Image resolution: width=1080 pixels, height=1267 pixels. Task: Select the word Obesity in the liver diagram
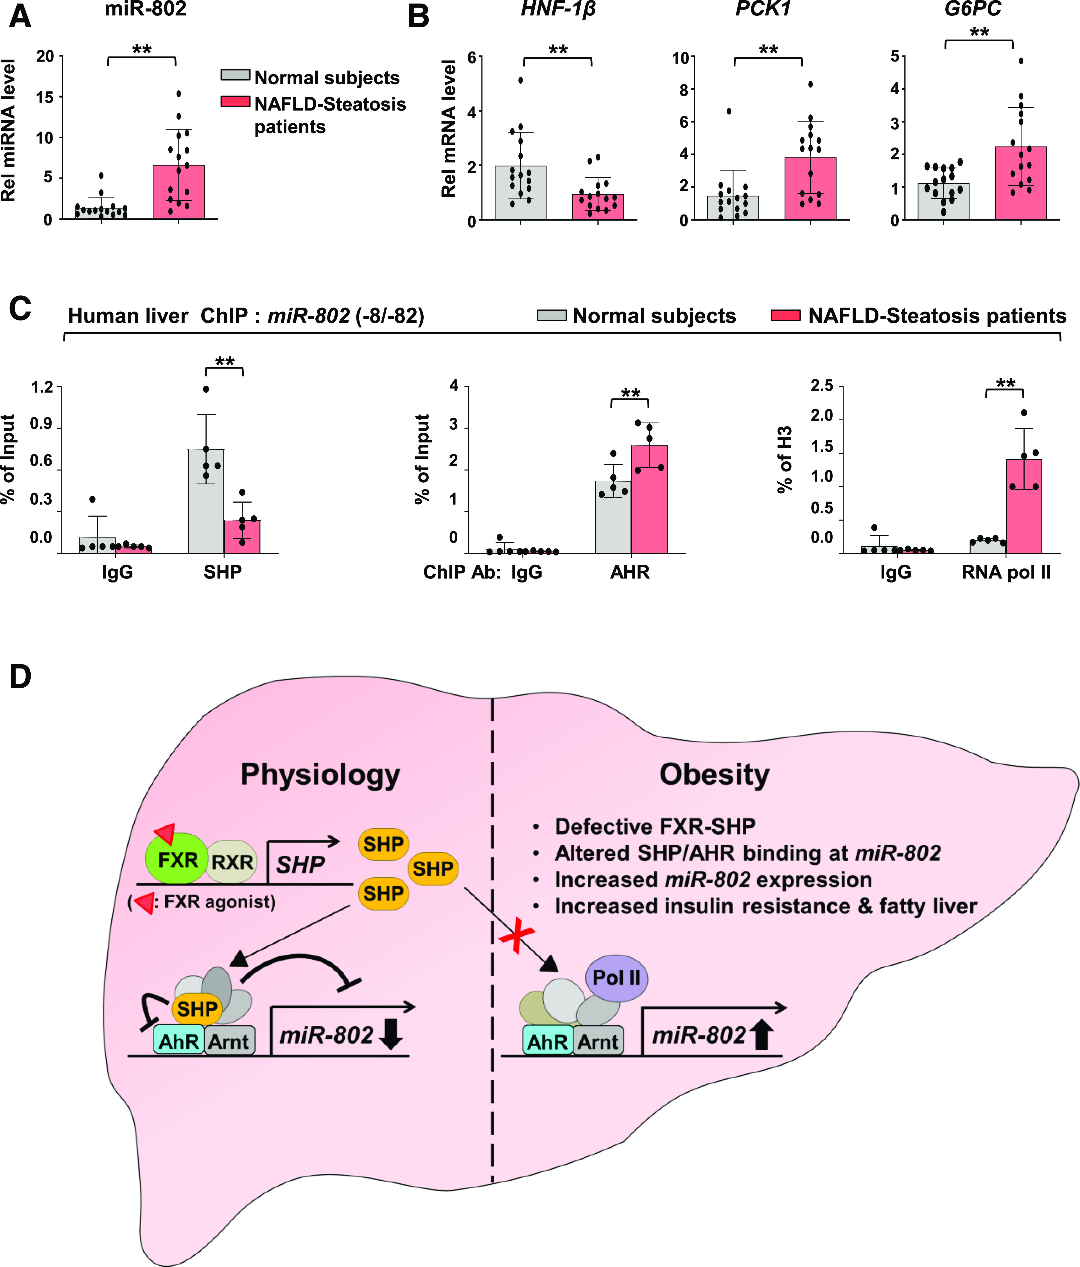click(714, 775)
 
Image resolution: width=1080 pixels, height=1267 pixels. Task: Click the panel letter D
click(20, 677)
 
